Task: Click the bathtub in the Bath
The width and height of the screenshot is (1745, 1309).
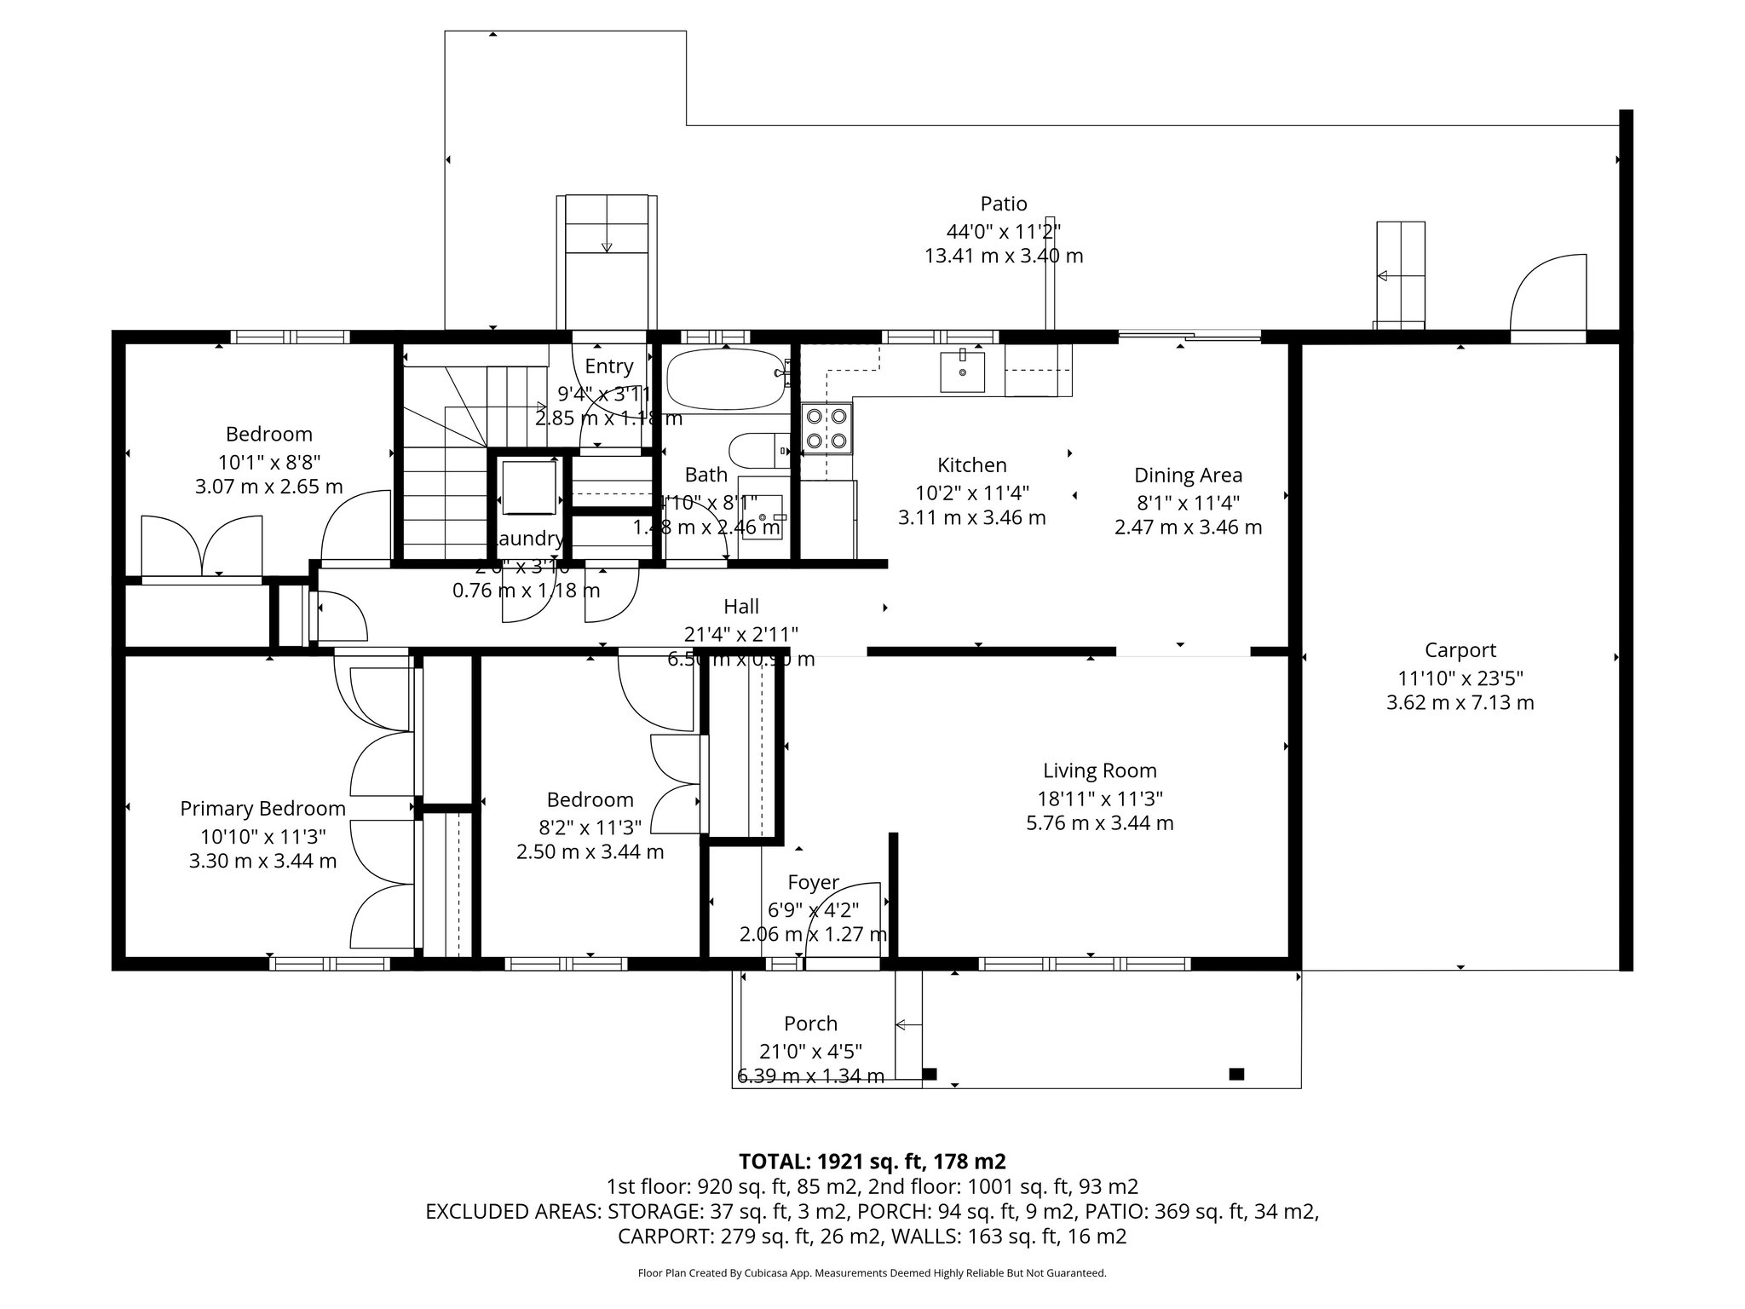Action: (x=724, y=380)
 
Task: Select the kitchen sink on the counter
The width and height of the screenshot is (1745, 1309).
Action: (x=962, y=372)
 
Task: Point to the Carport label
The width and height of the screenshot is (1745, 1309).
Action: (x=1460, y=650)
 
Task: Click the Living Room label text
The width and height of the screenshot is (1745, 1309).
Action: (x=1100, y=771)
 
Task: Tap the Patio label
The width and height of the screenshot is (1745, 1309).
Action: (x=1004, y=204)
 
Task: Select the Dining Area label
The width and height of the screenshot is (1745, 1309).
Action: (x=1188, y=476)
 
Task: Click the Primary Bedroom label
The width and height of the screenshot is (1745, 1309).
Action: (x=262, y=809)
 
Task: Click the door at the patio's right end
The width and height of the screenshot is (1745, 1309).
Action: (x=1548, y=294)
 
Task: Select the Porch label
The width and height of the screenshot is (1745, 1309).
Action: (x=810, y=1024)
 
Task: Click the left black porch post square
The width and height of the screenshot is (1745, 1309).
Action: (x=930, y=1074)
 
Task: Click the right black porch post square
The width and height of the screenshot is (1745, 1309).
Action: (x=1236, y=1074)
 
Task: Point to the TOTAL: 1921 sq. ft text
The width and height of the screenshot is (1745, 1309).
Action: (x=872, y=1161)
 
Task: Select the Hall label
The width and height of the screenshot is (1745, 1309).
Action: (x=741, y=607)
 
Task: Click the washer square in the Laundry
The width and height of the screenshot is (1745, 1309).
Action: (x=529, y=487)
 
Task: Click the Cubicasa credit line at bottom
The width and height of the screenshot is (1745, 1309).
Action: (x=872, y=1273)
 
